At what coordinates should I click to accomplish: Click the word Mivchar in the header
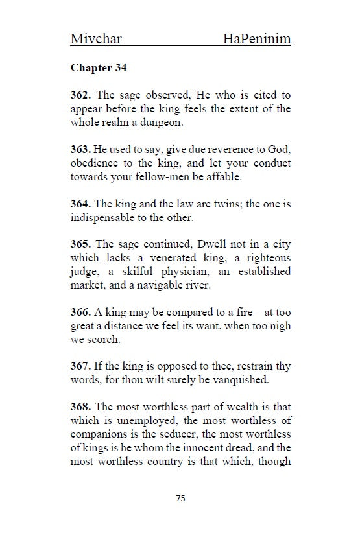[96, 40]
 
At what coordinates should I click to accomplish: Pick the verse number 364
[81, 204]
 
